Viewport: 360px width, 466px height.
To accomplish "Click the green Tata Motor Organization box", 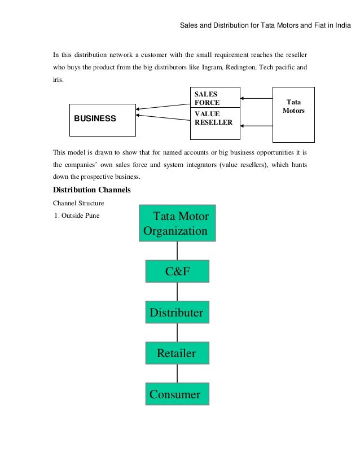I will click(177, 223).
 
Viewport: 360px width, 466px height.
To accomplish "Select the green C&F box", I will click(177, 271).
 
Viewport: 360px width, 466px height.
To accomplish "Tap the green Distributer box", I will click(177, 313).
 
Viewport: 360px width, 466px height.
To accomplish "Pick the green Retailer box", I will click(177, 354).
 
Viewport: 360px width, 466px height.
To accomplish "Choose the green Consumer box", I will click(177, 394).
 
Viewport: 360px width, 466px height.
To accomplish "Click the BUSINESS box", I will click(102, 120).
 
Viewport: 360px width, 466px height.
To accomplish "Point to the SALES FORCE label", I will click(207, 99).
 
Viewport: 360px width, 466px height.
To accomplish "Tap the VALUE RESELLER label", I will click(213, 118).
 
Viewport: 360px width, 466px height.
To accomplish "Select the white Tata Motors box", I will click(293, 115).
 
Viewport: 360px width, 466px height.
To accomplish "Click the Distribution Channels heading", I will click(91, 190).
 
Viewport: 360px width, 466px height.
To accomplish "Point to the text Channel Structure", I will click(78, 202).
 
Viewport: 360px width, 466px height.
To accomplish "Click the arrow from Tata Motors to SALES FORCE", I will click(256, 99).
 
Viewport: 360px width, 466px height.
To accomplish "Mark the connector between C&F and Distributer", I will click(177, 292).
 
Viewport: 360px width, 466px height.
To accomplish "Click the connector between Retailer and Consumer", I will click(177, 373).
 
